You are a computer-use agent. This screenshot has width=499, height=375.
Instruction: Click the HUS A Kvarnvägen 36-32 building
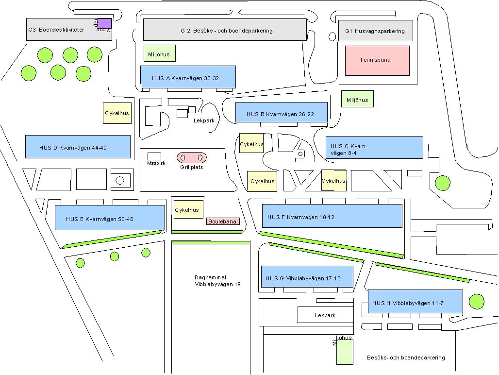pyautogui.click(x=188, y=77)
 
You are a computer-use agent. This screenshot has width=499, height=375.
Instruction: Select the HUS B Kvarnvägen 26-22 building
pyautogui.click(x=281, y=112)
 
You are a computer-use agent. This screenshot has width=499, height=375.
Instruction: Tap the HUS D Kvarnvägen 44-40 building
pyautogui.click(x=78, y=147)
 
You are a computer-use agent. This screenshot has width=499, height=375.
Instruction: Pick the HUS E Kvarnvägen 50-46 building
pyautogui.click(x=110, y=217)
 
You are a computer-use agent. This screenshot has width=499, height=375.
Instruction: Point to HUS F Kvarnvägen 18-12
pyautogui.click(x=332, y=216)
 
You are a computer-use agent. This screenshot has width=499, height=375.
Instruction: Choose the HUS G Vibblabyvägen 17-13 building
pyautogui.click(x=307, y=277)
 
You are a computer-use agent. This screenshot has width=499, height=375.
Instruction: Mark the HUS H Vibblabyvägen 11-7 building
pyautogui.click(x=415, y=301)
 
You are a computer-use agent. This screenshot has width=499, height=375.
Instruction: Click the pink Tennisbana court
pyautogui.click(x=377, y=60)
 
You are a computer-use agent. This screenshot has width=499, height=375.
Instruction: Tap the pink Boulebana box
pyautogui.click(x=223, y=221)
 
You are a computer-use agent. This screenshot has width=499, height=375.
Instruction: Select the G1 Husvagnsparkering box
pyautogui.click(x=375, y=31)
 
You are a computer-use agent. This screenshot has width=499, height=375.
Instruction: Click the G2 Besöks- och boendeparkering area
pyautogui.click(x=225, y=30)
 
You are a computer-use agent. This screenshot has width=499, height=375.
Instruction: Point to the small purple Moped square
pyautogui.click(x=105, y=23)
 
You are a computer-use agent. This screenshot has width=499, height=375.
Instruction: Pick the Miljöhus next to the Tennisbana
pyautogui.click(x=357, y=99)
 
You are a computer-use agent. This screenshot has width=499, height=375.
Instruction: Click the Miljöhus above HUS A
pyautogui.click(x=159, y=53)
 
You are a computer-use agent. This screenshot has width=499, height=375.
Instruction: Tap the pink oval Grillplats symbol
pyautogui.click(x=192, y=157)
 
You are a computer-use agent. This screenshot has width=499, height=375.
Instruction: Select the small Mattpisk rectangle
pyautogui.click(x=154, y=156)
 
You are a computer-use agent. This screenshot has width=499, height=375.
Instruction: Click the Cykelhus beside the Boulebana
pyautogui.click(x=187, y=209)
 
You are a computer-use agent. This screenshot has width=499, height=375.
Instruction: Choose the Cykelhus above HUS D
pyautogui.click(x=117, y=113)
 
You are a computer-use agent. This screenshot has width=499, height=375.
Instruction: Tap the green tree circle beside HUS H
pyautogui.click(x=477, y=301)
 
